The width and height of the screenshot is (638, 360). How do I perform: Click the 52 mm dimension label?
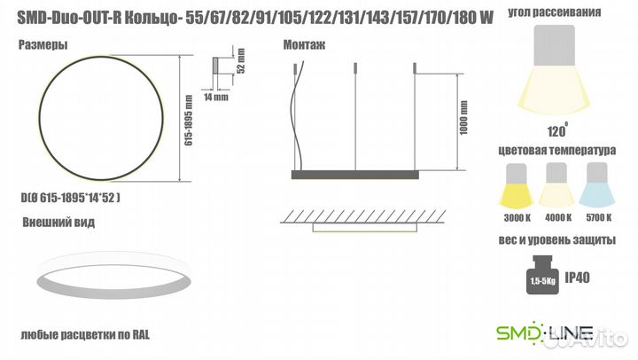click(x=241, y=61)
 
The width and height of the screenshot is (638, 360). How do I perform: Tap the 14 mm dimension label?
click(x=215, y=97)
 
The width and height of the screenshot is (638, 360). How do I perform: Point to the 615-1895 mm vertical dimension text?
click(x=189, y=120)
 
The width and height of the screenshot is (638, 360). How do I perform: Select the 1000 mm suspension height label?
click(x=463, y=118)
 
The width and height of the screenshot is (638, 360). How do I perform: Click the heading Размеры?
click(x=43, y=45)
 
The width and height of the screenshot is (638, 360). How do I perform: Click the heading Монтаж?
click(x=304, y=45)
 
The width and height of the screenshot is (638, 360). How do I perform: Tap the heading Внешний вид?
click(x=58, y=223)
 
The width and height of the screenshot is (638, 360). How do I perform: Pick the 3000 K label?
click(x=517, y=218)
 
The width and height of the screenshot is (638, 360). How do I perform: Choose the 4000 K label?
click(x=558, y=218)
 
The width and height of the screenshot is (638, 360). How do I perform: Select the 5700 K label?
click(x=598, y=218)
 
